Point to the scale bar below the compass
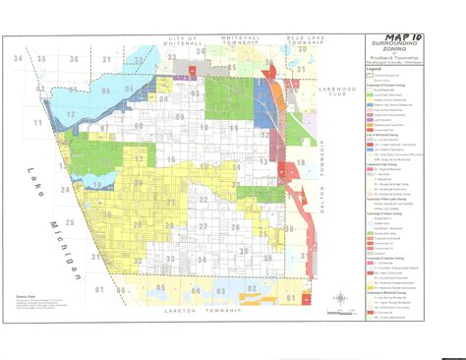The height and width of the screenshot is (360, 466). (340, 312)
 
